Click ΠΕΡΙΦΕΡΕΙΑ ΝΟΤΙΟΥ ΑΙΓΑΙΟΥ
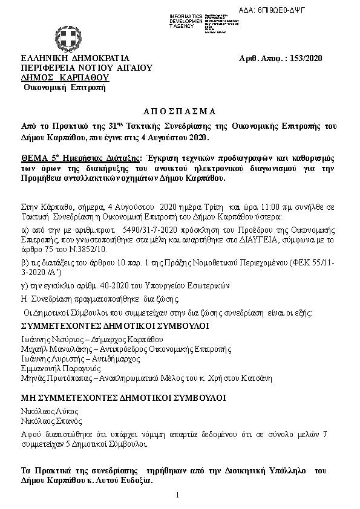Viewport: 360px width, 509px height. coord(86,68)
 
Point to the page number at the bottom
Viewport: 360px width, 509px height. coord(178,496)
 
